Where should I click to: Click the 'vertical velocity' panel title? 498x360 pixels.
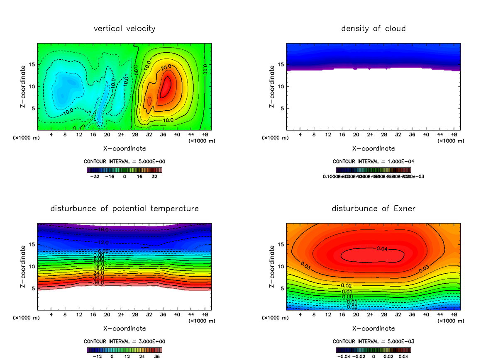pyautogui.click(x=124, y=29)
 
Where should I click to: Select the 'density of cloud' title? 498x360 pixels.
pyautogui.click(x=373, y=29)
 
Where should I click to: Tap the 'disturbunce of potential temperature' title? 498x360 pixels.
pyautogui.click(x=124, y=208)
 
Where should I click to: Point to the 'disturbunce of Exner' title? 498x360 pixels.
pyautogui.click(x=373, y=208)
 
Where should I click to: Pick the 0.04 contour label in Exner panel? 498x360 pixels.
pyautogui.click(x=383, y=248)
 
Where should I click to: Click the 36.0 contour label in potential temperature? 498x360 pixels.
pyautogui.click(x=98, y=283)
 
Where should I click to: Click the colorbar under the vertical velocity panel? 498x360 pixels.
pyautogui.click(x=124, y=170)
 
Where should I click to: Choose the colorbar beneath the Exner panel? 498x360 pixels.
pyautogui.click(x=373, y=350)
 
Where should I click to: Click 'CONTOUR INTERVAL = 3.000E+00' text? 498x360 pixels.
pyautogui.click(x=124, y=341)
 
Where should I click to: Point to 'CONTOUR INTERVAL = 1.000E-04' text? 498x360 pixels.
pyautogui.click(x=373, y=161)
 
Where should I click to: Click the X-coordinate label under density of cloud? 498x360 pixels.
pyautogui.click(x=373, y=148)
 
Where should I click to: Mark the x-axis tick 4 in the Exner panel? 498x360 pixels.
pyautogui.click(x=300, y=315)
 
